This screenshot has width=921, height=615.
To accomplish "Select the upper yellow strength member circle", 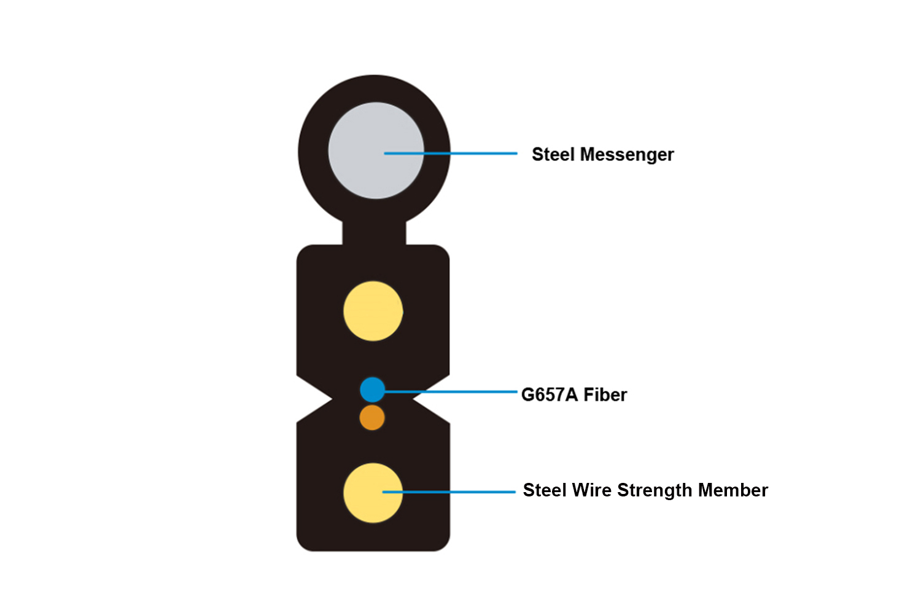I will tap(373, 311).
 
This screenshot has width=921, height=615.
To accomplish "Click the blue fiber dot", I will tap(371, 389).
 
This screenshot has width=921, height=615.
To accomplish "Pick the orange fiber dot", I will tap(372, 418).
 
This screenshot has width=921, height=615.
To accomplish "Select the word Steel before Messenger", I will tap(553, 154).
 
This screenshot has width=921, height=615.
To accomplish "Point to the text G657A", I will tap(550, 394).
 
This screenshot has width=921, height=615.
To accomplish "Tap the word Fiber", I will tap(605, 394).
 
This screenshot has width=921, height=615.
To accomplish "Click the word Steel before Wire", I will tap(545, 490).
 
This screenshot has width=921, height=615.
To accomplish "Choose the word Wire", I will tap(592, 490).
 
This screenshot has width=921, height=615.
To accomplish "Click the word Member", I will tap(733, 490).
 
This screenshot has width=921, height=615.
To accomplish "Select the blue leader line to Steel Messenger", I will tap(467, 153).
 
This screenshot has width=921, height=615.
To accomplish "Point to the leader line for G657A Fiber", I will tap(454, 391).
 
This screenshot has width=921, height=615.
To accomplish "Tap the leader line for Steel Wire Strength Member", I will tap(460, 492).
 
